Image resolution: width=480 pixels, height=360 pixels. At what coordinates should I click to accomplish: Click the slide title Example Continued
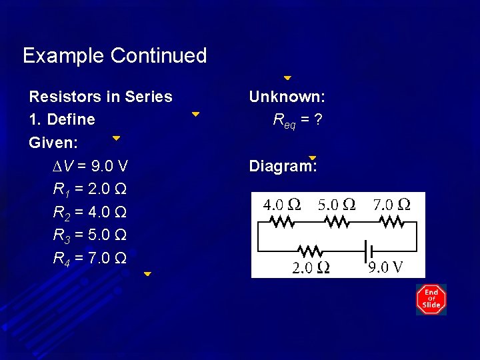click(115, 55)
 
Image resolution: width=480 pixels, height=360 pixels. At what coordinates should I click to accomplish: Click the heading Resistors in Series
click(101, 97)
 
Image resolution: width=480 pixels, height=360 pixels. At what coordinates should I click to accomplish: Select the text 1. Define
click(62, 120)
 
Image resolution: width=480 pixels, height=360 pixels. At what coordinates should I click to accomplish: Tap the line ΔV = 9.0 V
click(91, 166)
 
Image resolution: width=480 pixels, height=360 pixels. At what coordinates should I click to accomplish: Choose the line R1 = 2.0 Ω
click(90, 189)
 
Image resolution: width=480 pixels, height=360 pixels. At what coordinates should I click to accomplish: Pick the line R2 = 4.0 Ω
click(90, 213)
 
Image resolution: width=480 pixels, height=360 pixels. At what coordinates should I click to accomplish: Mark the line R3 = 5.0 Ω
click(90, 235)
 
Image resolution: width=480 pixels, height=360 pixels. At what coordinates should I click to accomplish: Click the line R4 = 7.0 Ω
click(90, 258)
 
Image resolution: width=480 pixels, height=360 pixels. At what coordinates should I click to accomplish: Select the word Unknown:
click(287, 97)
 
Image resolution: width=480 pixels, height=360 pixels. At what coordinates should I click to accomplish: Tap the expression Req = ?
click(299, 121)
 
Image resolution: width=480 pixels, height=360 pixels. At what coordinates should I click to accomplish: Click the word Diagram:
click(283, 166)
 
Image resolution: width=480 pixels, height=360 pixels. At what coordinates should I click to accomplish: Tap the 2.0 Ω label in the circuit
click(311, 268)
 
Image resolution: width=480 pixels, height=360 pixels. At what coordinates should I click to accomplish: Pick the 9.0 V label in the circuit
click(385, 268)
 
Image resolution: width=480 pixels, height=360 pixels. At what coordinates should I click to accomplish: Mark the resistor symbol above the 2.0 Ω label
click(310, 251)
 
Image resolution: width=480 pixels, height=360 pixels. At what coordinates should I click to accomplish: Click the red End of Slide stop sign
click(431, 300)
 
